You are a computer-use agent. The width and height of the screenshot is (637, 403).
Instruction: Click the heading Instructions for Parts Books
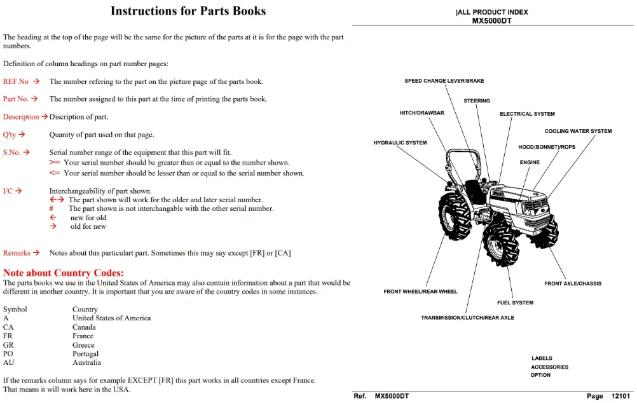188,11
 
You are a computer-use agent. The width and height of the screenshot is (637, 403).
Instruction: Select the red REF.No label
16,81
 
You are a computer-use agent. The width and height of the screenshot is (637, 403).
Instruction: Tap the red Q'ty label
10,135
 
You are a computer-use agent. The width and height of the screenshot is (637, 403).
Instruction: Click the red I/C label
8,191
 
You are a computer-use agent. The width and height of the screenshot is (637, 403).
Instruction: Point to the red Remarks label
17,253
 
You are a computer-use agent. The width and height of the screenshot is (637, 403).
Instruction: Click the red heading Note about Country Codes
64,273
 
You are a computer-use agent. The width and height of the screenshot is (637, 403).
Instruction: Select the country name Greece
83,345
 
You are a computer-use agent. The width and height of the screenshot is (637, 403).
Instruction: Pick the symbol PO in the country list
8,353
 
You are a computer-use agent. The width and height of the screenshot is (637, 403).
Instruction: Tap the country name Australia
86,362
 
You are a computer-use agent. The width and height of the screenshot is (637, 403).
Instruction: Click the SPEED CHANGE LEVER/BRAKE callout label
444,81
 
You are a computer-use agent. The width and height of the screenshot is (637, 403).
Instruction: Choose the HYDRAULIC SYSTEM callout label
400,142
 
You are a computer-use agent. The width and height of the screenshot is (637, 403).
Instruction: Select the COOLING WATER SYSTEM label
578,131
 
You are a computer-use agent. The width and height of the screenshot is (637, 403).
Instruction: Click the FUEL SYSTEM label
515,303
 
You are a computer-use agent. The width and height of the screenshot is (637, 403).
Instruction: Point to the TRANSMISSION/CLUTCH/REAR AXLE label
467,318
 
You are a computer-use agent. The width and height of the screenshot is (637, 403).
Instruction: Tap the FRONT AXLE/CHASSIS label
573,283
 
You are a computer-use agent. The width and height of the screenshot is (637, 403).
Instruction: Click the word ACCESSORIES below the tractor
550,367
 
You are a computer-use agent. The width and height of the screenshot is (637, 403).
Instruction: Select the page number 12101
620,396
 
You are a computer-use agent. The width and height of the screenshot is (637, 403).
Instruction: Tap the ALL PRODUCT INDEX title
492,12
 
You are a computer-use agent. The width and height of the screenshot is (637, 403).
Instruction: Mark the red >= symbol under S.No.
55,163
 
